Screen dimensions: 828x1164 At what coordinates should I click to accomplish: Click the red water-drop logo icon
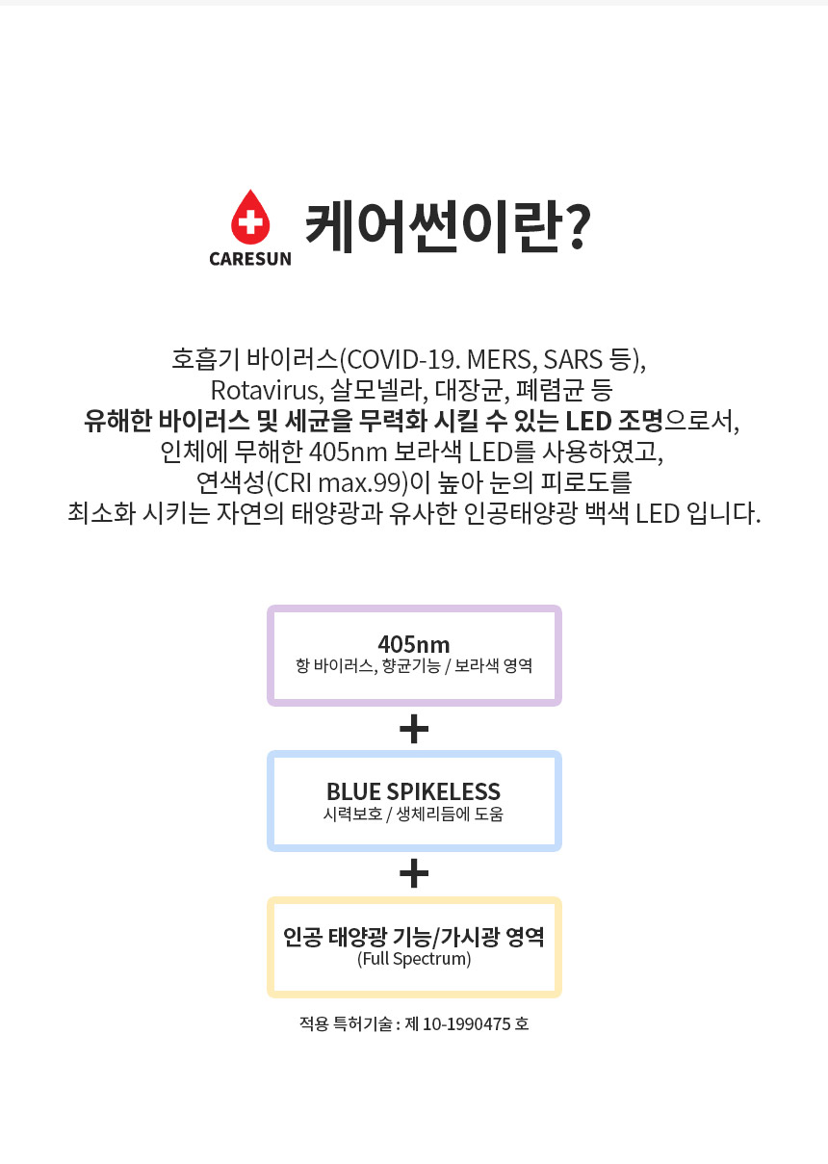(x=250, y=218)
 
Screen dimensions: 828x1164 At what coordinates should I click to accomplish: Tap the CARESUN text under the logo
(x=250, y=259)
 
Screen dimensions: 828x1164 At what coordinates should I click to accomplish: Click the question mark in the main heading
(x=575, y=226)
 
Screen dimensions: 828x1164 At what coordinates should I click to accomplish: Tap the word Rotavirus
(x=267, y=390)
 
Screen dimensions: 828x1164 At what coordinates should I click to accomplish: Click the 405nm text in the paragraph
(x=348, y=453)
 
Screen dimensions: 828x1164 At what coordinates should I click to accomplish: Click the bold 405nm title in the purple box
(x=414, y=644)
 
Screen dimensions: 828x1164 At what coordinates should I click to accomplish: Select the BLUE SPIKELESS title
(x=414, y=791)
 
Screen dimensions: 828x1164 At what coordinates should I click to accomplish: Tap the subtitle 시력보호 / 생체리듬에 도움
(x=414, y=814)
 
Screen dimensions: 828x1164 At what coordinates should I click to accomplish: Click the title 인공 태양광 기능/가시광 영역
(x=414, y=937)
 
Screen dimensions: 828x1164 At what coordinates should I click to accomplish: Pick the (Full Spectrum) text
(x=414, y=959)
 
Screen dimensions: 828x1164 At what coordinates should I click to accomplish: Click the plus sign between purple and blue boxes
(x=414, y=729)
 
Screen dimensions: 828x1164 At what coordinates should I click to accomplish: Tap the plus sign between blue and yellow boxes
(x=414, y=873)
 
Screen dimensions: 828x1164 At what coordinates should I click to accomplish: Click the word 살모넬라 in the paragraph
(x=380, y=390)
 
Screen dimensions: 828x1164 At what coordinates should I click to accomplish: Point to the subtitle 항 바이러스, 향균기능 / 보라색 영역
(x=414, y=665)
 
